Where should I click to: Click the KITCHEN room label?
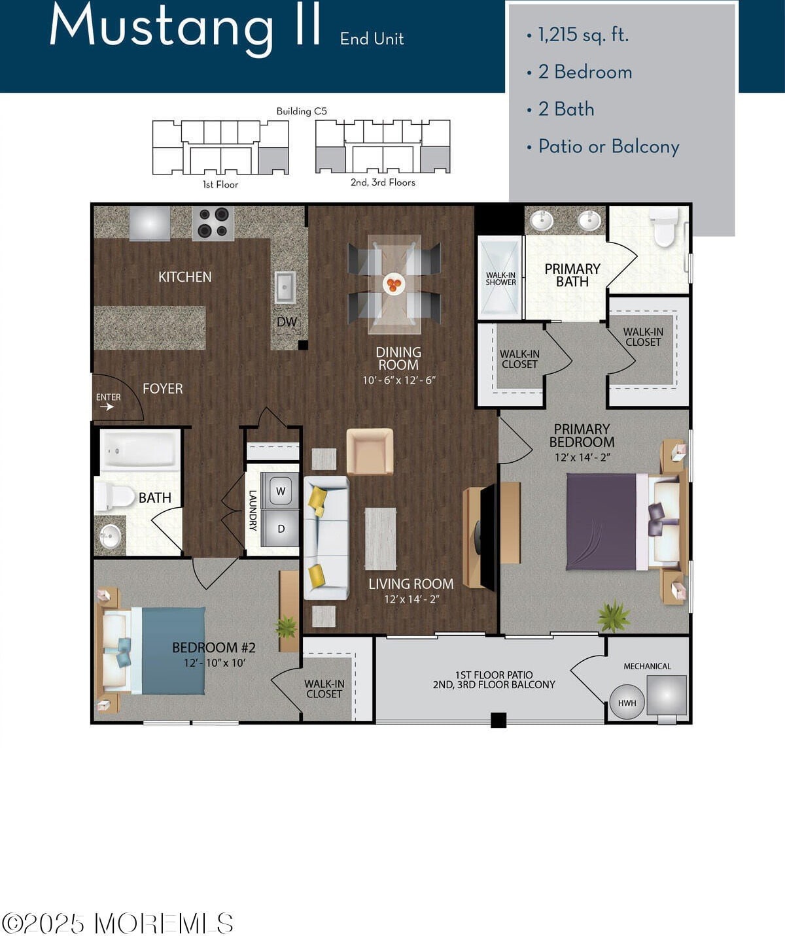pos(185,277)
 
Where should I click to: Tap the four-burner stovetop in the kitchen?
pos(213,224)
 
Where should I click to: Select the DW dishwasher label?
pos(287,322)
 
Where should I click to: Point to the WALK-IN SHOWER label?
pos(500,278)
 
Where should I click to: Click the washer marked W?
pos(281,491)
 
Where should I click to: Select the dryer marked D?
pos(281,529)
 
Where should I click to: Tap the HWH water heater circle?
pos(627,703)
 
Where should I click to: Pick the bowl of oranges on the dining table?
pos(394,284)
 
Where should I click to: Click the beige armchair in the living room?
pos(370,452)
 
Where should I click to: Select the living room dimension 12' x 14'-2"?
pos(411,599)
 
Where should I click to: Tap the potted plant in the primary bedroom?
pos(613,617)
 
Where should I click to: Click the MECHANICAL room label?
pos(647,666)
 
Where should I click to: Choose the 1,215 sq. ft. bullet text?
pos(583,35)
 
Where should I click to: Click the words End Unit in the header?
pos(372,39)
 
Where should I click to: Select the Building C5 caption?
pos(302,111)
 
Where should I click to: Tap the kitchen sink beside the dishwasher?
pos(285,288)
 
